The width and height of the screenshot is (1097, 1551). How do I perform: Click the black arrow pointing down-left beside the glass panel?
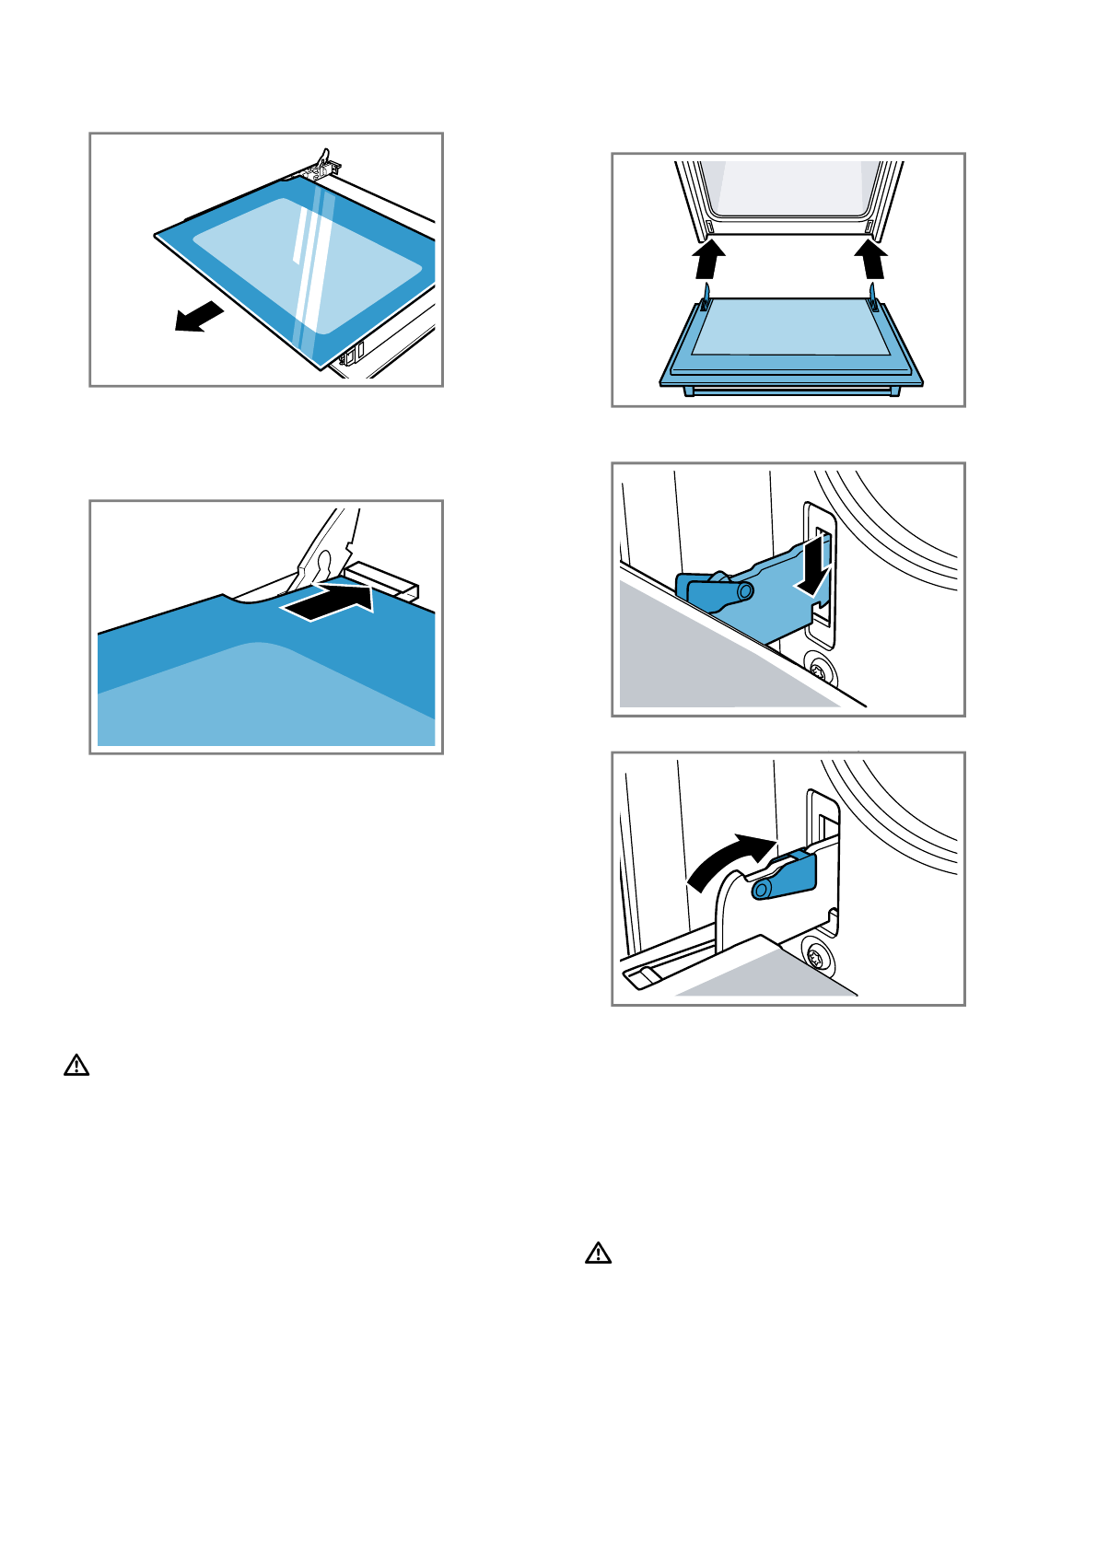point(199,317)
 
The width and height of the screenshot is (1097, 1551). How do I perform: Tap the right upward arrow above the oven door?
point(871,259)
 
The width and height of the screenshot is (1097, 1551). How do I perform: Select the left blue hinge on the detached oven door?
point(706,299)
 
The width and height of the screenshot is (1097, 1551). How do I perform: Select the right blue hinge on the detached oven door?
point(872,299)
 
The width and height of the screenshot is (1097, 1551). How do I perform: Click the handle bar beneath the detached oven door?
point(791,391)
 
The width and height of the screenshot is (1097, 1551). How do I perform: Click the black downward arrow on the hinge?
point(813,569)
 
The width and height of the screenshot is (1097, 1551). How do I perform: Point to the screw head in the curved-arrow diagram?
point(816,957)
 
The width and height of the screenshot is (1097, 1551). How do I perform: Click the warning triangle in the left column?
point(76,1066)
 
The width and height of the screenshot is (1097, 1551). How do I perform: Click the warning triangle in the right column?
point(599,1253)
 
